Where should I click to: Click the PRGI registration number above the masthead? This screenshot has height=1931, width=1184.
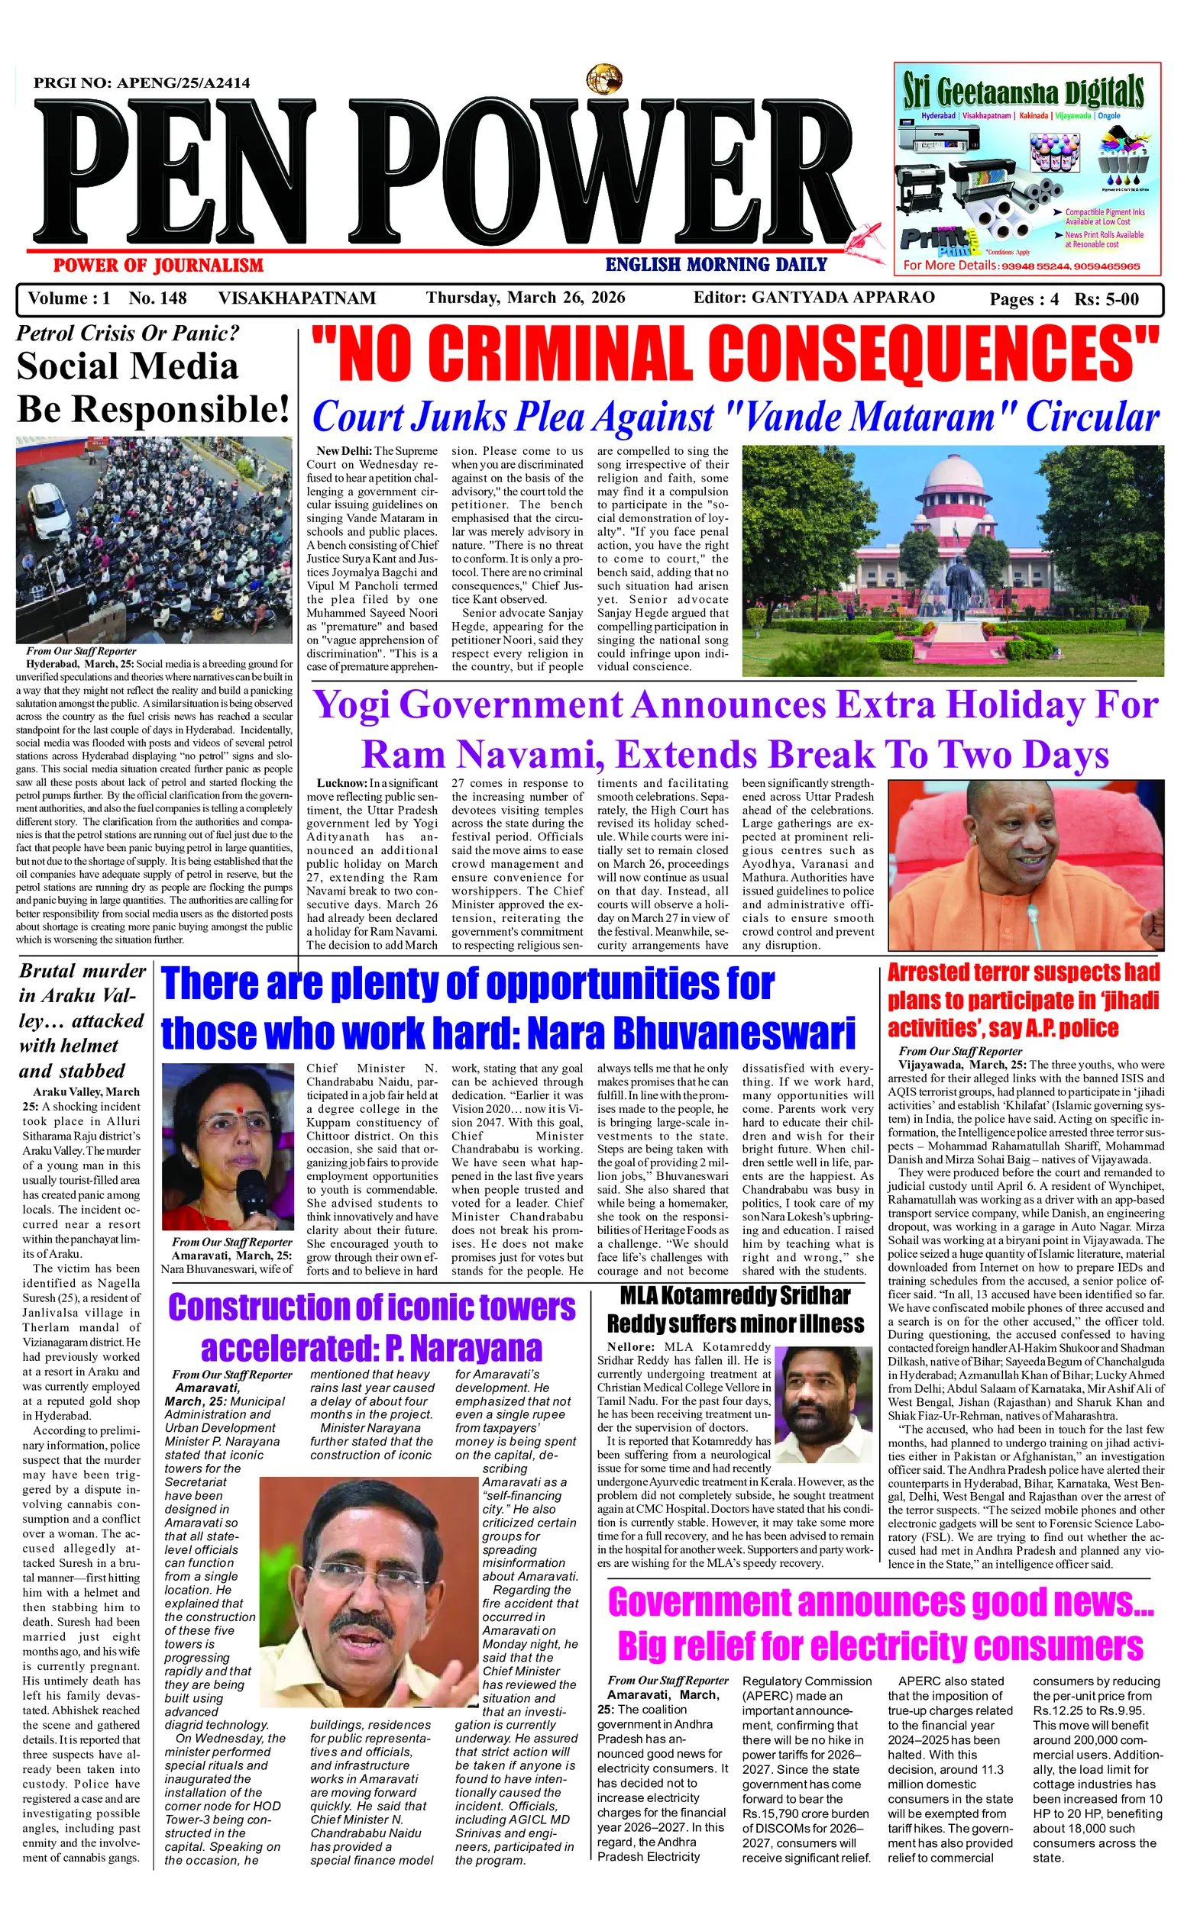point(142,83)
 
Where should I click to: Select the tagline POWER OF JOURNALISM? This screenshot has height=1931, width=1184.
point(158,265)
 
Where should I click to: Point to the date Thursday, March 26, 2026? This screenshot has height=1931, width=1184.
point(526,298)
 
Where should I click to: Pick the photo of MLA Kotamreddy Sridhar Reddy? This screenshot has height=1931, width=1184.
point(829,1400)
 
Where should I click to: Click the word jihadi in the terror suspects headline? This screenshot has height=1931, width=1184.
point(1126,1001)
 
